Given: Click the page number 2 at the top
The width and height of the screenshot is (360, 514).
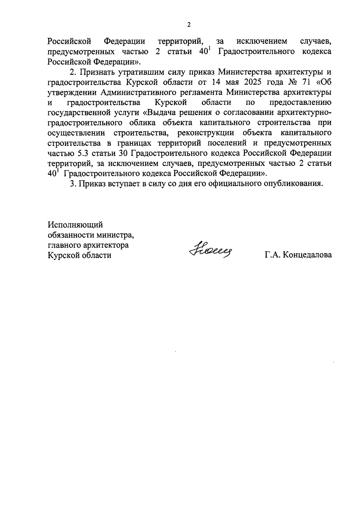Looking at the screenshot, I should (189, 25).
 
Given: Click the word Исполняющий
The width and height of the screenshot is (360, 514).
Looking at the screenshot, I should (75, 225).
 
